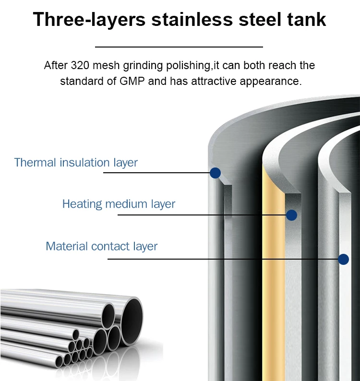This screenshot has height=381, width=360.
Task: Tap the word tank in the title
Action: [306, 20]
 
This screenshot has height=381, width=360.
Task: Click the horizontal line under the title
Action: [179, 47]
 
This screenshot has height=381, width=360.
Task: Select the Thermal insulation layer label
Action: [76, 163]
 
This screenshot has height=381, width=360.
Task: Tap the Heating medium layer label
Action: [119, 204]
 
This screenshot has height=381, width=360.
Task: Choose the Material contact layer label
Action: [101, 247]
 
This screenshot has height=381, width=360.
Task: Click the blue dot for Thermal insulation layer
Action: [216, 173]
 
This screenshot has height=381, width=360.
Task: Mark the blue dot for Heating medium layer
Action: [291, 215]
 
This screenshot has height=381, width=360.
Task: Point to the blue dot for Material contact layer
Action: [343, 260]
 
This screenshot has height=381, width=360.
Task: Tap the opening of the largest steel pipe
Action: [132, 316]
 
